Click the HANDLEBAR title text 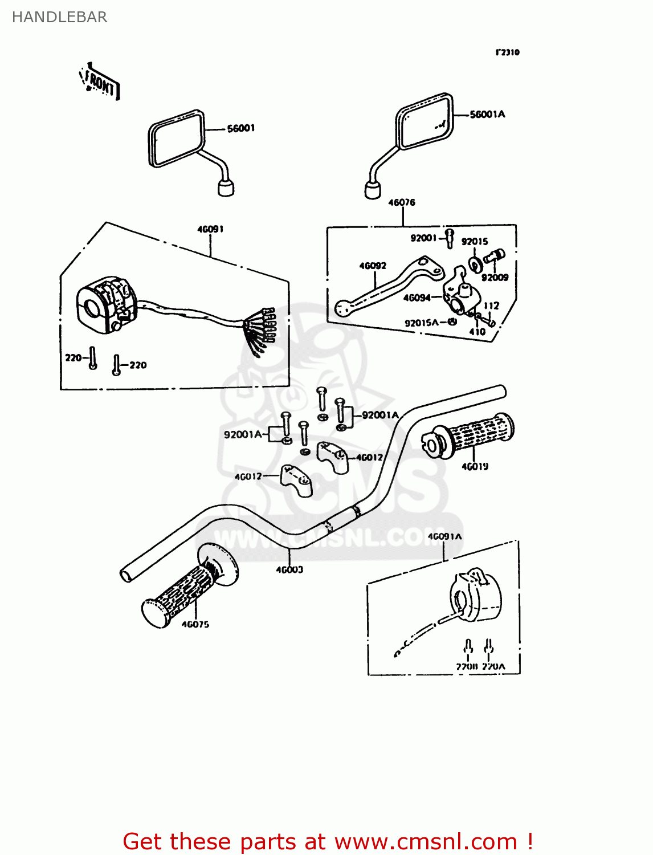[59, 17]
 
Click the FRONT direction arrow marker [100, 83]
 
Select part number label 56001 [240, 128]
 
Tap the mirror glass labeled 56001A [425, 122]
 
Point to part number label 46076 [402, 202]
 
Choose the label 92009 [495, 278]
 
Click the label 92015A [421, 323]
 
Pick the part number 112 [491, 306]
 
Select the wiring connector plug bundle [263, 331]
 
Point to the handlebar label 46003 [289, 569]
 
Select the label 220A [493, 666]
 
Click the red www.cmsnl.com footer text [328, 841]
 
